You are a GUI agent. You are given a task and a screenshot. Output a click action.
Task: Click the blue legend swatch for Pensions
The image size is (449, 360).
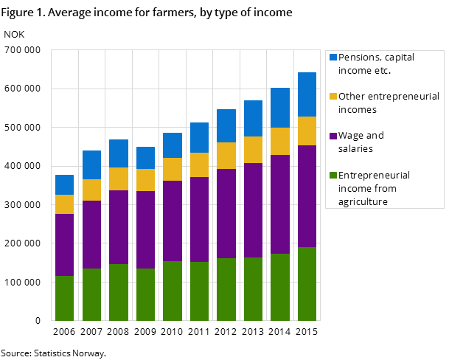pyautogui.click(x=333, y=58)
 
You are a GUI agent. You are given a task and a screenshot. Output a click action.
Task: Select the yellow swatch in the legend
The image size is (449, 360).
pyautogui.click(x=333, y=97)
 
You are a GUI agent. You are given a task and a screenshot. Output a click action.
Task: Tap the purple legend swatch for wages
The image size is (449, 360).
pyautogui.click(x=333, y=136)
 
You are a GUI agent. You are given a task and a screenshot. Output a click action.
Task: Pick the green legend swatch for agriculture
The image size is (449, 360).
pyautogui.click(x=333, y=176)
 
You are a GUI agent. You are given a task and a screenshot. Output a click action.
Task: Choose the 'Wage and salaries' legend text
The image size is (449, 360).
pyautogui.click(x=361, y=142)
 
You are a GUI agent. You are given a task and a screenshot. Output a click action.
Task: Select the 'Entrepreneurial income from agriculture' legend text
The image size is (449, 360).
pyautogui.click(x=375, y=189)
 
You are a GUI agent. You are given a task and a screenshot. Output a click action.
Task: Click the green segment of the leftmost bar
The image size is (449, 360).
pyautogui.click(x=65, y=298)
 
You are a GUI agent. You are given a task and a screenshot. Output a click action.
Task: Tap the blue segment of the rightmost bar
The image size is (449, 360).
pyautogui.click(x=307, y=94)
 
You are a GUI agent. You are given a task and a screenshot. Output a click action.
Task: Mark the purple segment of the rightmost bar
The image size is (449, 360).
pyautogui.click(x=307, y=196)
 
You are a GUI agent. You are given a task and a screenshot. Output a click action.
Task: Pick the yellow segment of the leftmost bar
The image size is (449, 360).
pyautogui.click(x=65, y=204)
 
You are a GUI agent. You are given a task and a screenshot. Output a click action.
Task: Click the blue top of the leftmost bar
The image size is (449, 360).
pyautogui.click(x=65, y=184)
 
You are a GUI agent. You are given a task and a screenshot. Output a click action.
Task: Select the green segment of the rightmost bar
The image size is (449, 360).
pyautogui.click(x=307, y=284)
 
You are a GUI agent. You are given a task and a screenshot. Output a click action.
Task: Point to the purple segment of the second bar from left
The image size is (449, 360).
pyautogui.click(x=91, y=235)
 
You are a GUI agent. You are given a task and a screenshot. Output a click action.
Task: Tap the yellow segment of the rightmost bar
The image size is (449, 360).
pyautogui.click(x=307, y=131)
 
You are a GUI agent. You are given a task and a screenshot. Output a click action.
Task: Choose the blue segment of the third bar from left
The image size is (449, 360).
pyautogui.click(x=119, y=153)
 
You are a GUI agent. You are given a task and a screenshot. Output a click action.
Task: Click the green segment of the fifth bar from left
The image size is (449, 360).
pyautogui.click(x=173, y=291)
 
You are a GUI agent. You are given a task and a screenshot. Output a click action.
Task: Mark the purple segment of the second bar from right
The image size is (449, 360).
pyautogui.click(x=280, y=204)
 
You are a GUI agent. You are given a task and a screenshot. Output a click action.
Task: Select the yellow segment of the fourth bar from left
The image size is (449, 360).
pyautogui.click(x=145, y=180)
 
